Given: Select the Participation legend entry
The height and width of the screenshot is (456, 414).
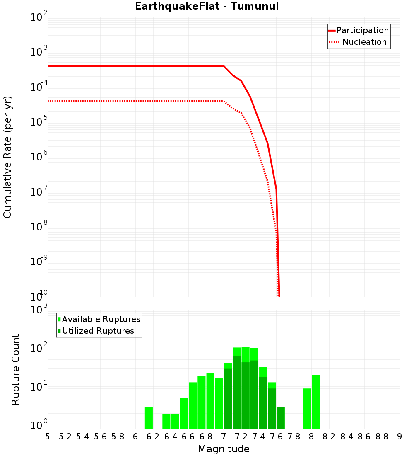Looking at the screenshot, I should (362, 31).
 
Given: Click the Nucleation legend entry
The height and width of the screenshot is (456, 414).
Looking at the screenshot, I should (364, 42).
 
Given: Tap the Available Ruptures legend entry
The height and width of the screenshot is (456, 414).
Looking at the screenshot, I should (101, 319).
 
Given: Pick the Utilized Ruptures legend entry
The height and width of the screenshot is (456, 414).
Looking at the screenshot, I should (98, 331).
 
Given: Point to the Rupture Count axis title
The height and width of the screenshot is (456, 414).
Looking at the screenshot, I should (16, 369).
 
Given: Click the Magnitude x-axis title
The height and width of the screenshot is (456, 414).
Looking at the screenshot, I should (224, 449).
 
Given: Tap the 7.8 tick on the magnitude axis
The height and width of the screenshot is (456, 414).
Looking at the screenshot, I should (294, 437).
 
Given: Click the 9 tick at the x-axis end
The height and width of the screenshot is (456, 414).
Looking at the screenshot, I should (399, 437).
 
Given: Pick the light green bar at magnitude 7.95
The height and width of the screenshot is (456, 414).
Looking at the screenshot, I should (307, 409).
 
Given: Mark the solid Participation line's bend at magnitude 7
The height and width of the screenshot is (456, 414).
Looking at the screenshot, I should (224, 66).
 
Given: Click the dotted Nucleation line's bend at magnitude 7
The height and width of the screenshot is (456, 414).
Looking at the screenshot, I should (224, 101).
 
